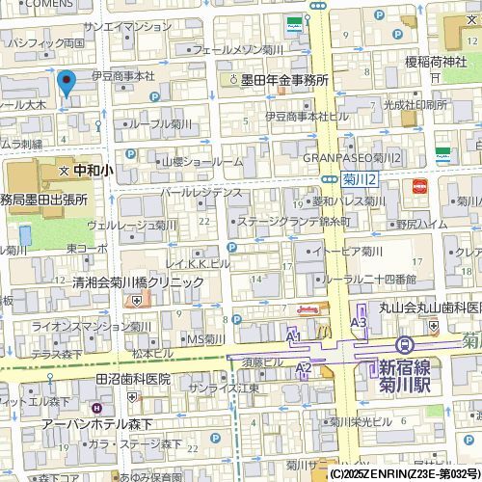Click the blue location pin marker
(x=67, y=84)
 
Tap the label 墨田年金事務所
(x=284, y=81)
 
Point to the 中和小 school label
(x=93, y=169)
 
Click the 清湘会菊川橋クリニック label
(x=138, y=281)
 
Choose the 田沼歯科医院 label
(x=133, y=379)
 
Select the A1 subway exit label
(x=295, y=334)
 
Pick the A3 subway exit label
(x=359, y=322)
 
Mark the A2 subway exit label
(x=304, y=367)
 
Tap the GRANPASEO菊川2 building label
(x=351, y=157)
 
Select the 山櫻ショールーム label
(x=201, y=161)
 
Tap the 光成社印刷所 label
(x=414, y=104)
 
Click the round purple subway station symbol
(x=406, y=344)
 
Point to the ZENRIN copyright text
(x=404, y=474)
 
